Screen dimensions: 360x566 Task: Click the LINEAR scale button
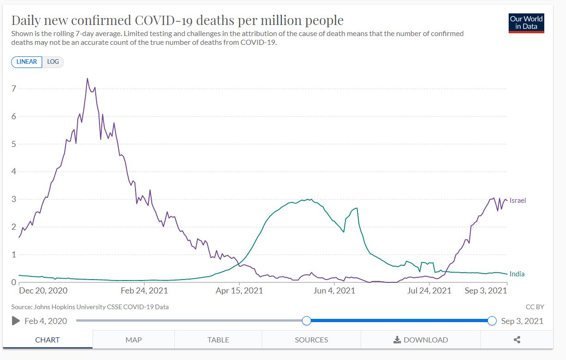click(26, 62)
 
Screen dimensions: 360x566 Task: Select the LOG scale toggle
click(53, 62)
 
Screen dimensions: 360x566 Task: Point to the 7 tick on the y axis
click(14, 89)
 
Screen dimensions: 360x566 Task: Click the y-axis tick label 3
click(14, 199)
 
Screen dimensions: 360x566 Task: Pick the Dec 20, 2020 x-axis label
click(43, 291)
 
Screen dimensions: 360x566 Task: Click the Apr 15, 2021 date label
click(240, 291)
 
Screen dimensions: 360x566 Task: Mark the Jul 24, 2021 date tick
click(429, 291)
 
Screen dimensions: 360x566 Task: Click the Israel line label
click(517, 201)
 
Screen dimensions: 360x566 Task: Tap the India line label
click(517, 274)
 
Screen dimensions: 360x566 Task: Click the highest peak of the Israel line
click(87, 79)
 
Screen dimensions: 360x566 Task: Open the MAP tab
click(133, 340)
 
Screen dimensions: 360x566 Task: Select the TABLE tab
click(218, 340)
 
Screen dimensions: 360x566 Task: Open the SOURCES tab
click(311, 340)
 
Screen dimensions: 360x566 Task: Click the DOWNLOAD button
click(420, 340)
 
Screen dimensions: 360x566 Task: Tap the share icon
click(517, 340)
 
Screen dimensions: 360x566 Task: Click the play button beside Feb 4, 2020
click(16, 321)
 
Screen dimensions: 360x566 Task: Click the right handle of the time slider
click(492, 321)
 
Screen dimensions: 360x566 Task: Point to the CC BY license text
click(535, 307)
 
